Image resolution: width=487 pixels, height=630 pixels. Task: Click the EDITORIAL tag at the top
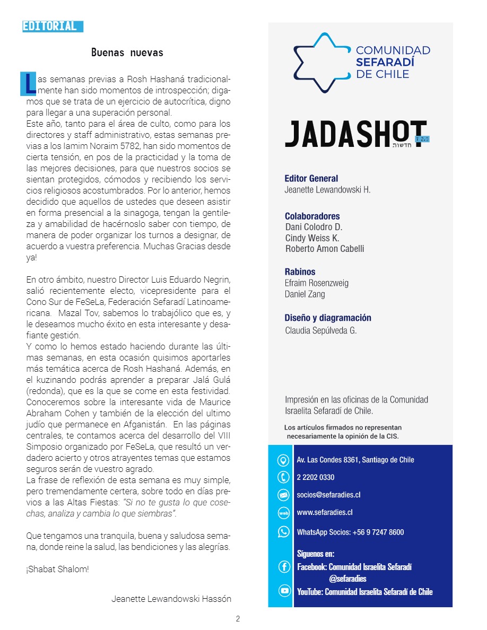[x=52, y=26]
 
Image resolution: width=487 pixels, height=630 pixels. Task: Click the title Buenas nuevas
[x=127, y=52]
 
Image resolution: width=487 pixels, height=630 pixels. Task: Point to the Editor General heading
[x=311, y=179]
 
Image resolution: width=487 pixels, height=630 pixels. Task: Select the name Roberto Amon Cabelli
[x=325, y=249]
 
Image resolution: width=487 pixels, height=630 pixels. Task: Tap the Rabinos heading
[x=300, y=272]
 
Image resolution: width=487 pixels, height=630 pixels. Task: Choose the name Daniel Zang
[x=305, y=294]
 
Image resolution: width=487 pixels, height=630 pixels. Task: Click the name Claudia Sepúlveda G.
[x=321, y=330]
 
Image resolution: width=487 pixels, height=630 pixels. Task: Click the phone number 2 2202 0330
[x=316, y=477]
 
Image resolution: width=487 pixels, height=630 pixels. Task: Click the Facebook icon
[x=284, y=567]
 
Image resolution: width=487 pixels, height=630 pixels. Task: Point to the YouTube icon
[x=284, y=591]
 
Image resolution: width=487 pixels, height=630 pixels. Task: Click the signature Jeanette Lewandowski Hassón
[x=171, y=599]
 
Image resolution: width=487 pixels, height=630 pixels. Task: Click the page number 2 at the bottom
[x=238, y=618]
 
